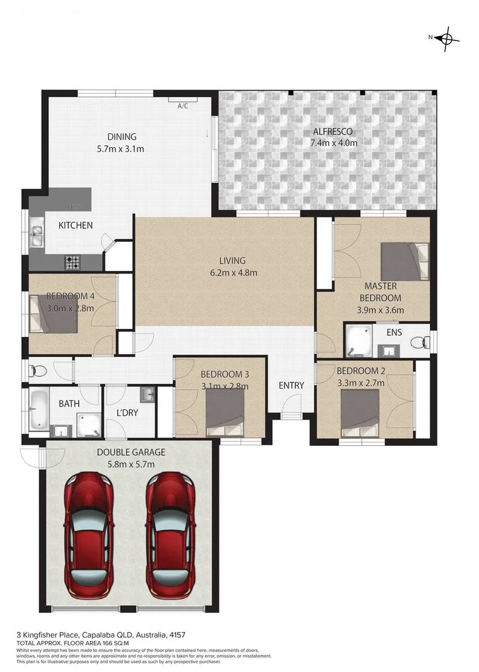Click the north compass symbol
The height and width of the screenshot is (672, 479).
447,38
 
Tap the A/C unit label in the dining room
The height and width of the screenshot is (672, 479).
183,105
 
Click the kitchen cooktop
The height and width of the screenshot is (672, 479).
72,262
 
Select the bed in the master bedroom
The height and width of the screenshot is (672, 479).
404,262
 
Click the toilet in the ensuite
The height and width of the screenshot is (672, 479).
419,342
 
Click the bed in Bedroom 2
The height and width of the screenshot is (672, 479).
359,411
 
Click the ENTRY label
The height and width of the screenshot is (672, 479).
291,386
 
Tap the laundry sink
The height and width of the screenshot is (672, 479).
147,395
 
